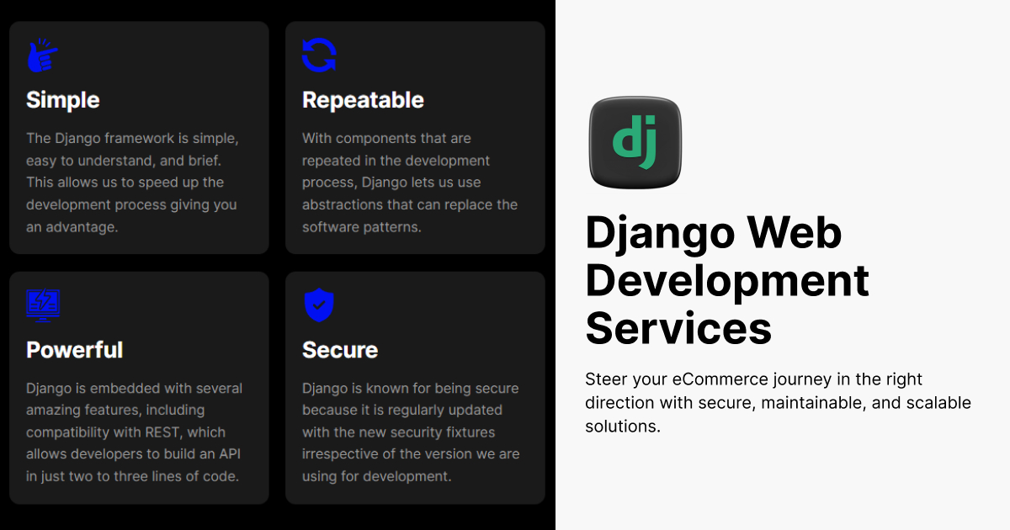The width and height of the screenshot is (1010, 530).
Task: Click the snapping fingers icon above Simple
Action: coord(43,55)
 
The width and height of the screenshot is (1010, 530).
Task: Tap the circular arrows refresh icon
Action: coord(319,55)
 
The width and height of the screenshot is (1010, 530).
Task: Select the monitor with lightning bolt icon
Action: coord(43,305)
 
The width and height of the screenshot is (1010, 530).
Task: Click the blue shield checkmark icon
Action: coord(319,305)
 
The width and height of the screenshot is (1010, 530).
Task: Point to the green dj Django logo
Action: coord(635,142)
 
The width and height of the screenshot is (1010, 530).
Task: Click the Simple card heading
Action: coord(62,99)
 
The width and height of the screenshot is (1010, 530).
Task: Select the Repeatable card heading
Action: coord(363,99)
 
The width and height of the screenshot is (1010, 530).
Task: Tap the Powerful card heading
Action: coord(74,350)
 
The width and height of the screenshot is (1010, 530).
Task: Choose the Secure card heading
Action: coord(340,350)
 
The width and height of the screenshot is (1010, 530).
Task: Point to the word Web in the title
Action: coord(795,232)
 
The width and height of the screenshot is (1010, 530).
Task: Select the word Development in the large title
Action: coord(727,282)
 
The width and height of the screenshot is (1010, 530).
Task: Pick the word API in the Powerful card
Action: coord(230,453)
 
